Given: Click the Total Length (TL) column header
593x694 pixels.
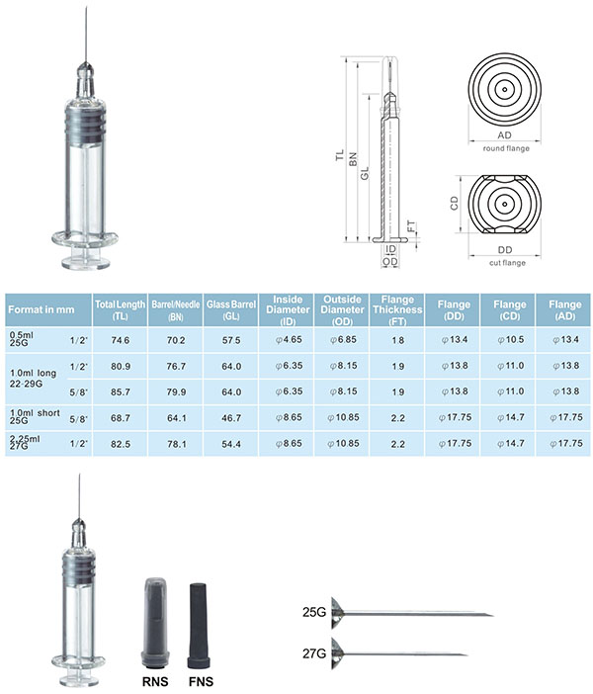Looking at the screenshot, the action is [120, 309].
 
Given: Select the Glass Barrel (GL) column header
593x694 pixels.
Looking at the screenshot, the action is [231, 309].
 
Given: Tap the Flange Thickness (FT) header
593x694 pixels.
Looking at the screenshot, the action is [397, 309].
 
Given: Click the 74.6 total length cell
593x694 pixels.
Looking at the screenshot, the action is [121, 340].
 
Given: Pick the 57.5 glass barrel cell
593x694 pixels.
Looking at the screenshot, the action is [231, 340].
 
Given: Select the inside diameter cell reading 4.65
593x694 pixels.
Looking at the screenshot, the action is [289, 340].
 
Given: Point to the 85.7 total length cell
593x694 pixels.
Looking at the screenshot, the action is [121, 392].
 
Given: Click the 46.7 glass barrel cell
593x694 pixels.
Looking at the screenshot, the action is [231, 418].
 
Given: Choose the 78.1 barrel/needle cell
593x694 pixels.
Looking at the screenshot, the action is [177, 444].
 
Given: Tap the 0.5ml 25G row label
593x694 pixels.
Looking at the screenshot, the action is [21, 339].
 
